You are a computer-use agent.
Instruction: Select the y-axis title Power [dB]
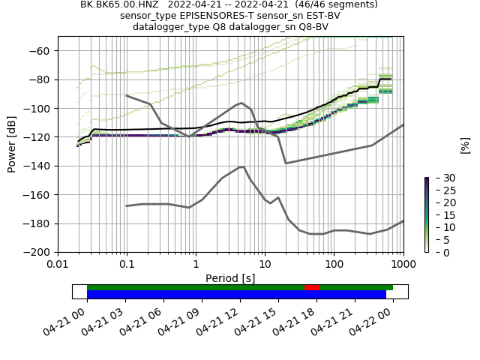[12, 144]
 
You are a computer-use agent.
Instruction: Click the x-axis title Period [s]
[230, 278]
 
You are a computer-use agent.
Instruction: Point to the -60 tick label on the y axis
[43, 51]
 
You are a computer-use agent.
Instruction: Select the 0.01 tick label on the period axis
[58, 264]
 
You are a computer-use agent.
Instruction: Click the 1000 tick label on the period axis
[403, 264]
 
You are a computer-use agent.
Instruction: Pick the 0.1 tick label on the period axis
[127, 264]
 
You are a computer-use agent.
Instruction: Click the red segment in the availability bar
[311, 287]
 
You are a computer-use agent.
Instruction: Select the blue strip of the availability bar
[236, 294]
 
